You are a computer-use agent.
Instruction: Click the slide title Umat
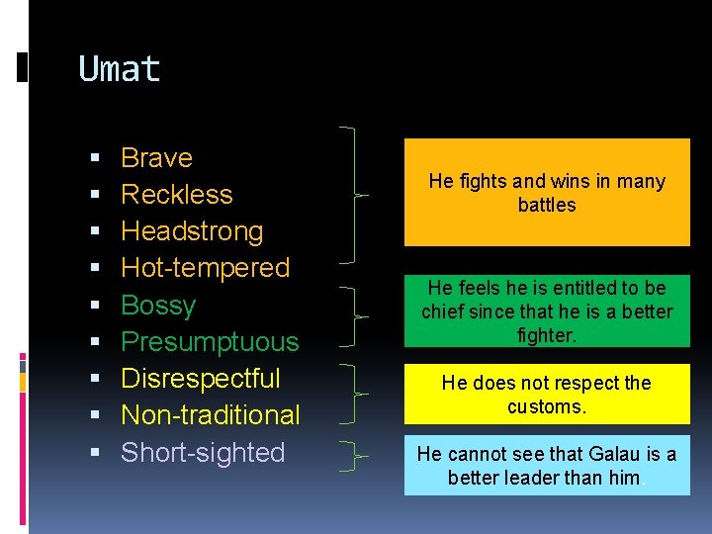coord(119,69)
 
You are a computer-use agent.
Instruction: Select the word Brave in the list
coord(156,158)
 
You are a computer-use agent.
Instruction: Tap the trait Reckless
coord(176,195)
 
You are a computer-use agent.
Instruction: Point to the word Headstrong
coord(192,231)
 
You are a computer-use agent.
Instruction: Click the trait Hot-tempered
coord(205,268)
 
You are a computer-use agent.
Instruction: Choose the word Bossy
coord(158,306)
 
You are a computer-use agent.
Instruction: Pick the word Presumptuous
coord(209,342)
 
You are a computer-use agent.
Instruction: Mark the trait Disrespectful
coord(200,379)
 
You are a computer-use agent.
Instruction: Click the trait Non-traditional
coord(210,415)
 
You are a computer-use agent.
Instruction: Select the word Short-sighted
coord(202,453)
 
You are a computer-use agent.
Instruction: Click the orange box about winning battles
coord(547,192)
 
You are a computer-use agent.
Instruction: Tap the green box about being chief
coord(547,311)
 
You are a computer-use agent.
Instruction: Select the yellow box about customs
coord(547,394)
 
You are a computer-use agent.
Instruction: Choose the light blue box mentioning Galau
coord(547,466)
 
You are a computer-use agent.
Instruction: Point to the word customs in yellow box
coord(547,406)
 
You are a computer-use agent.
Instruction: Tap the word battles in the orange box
coord(547,205)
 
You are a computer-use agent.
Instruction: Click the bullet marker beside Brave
coord(94,159)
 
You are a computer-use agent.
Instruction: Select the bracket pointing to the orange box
coord(354,195)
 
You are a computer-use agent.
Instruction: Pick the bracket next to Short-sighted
coord(354,456)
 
